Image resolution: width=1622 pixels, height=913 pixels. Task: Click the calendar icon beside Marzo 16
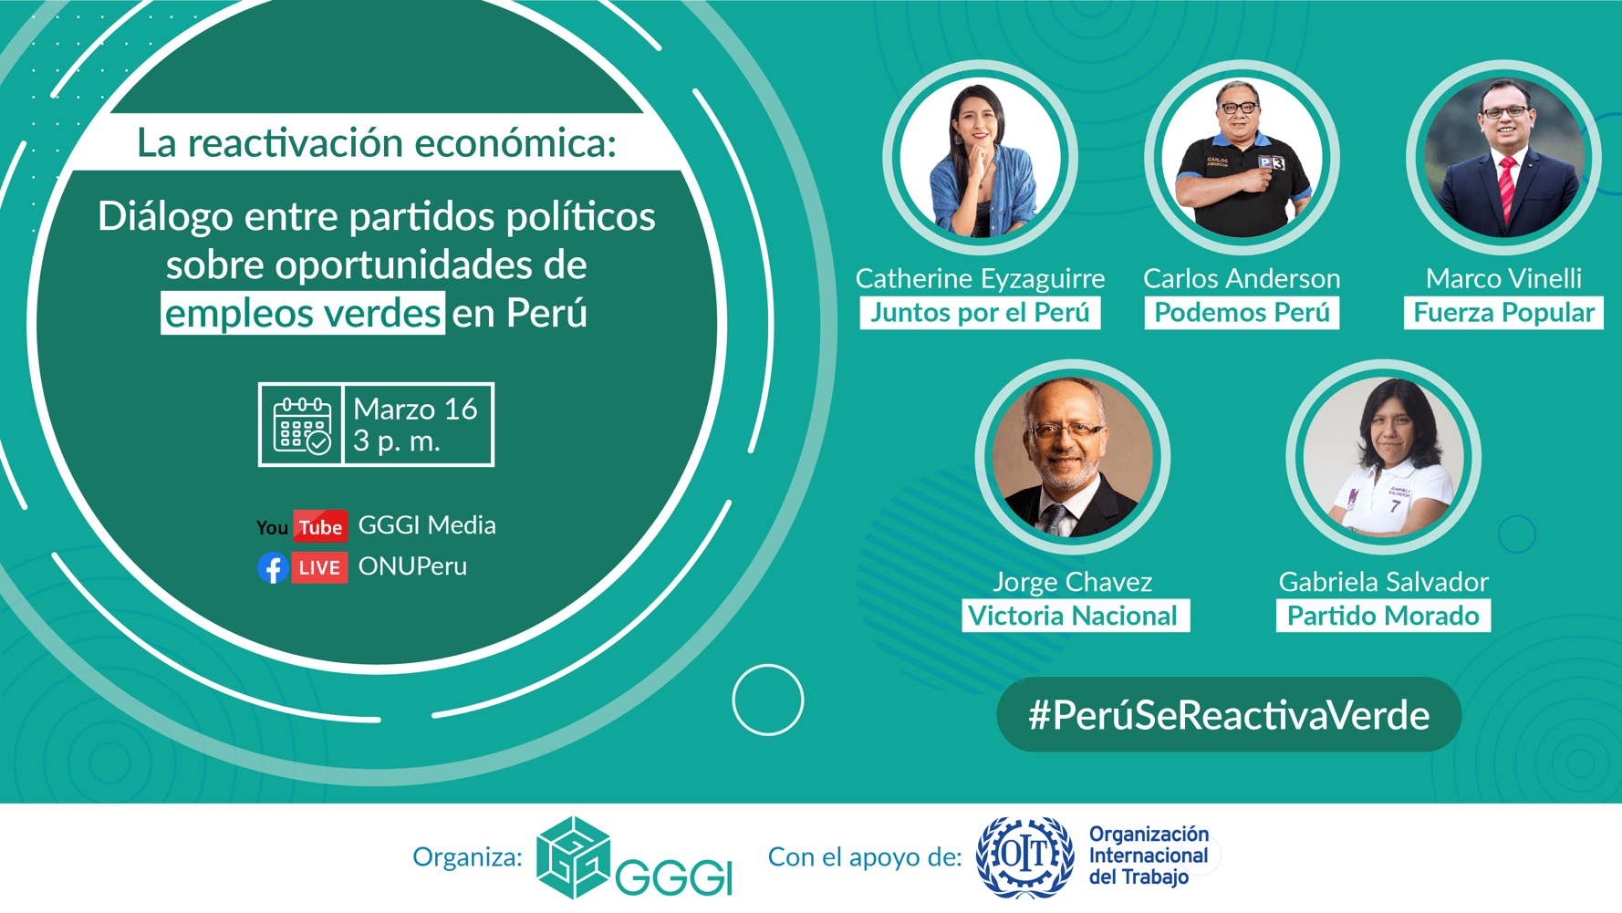click(x=302, y=425)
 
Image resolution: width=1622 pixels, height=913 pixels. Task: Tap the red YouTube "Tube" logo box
click(x=320, y=526)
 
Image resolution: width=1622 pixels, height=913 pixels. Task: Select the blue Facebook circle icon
click(x=273, y=567)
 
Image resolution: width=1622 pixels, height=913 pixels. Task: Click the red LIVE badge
click(x=319, y=567)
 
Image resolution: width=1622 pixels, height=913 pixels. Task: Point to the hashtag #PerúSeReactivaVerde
click(x=1228, y=715)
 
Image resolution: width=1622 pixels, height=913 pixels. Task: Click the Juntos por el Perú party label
click(x=979, y=313)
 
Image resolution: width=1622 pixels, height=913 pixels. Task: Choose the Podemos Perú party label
click(x=1242, y=313)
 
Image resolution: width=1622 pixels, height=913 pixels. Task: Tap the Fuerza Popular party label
click(x=1503, y=313)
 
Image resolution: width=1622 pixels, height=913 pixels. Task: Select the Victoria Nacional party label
click(x=1073, y=616)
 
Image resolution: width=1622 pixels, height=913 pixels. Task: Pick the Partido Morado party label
click(x=1383, y=616)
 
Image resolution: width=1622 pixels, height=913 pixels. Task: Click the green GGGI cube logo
click(x=573, y=857)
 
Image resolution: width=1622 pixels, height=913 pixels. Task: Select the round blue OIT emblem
click(x=1024, y=856)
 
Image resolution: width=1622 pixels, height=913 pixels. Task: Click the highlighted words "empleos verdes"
click(x=303, y=313)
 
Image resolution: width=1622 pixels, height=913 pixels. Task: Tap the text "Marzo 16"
click(x=415, y=409)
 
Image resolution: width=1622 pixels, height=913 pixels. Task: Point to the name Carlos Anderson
click(x=1242, y=278)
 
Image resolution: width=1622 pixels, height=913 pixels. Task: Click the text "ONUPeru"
click(x=412, y=566)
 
